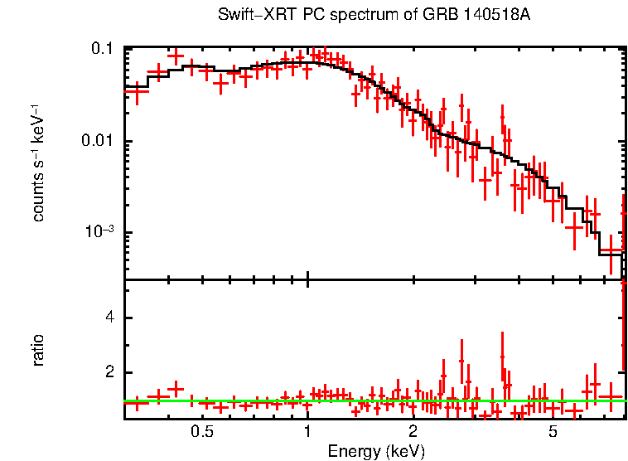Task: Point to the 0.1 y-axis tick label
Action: pos(102,50)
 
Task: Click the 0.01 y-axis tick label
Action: pos(97,141)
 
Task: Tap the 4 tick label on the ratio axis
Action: pos(109,318)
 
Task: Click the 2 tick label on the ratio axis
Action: pos(109,372)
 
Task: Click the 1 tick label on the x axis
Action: pos(307,432)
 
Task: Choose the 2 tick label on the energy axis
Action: pos(413,432)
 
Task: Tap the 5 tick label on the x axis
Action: pos(553,432)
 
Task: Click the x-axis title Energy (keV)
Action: pos(376,451)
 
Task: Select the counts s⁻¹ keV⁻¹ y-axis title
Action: pos(38,163)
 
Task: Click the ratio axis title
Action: pos(38,350)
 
